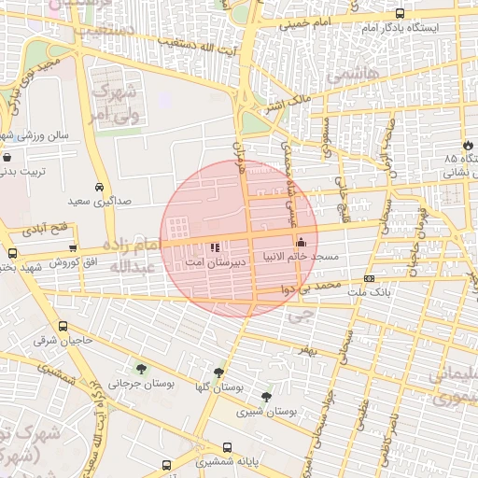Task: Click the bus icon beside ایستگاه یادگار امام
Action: tap(401, 13)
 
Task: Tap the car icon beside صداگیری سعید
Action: tap(100, 185)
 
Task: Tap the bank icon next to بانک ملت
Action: tap(371, 279)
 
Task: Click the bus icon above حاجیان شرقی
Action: tap(63, 327)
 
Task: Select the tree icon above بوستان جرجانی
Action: tap(141, 368)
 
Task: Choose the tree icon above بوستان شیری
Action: tap(267, 396)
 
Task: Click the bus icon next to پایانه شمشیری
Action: tap(166, 463)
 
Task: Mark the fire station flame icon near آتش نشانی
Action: tap(467, 146)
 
